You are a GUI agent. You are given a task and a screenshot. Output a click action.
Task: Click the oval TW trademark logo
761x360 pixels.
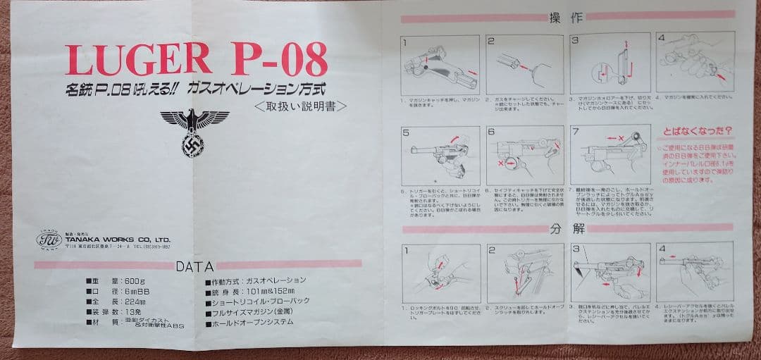coord(49,240)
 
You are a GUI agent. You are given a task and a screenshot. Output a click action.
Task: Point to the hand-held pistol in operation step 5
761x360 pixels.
coord(440,156)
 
